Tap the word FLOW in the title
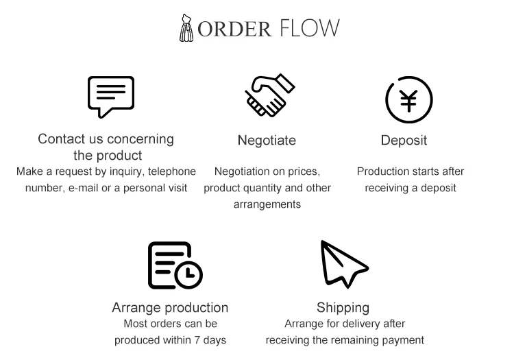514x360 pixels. coord(309,29)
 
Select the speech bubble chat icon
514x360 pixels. coord(110,96)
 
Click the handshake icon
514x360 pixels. coord(269,95)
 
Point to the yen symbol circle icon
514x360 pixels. coord(409,100)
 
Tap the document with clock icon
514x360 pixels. coord(175,265)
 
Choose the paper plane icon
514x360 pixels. coord(343,264)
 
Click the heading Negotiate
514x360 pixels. coord(267,141)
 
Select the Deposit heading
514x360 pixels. coord(404,141)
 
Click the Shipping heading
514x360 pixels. coord(343,307)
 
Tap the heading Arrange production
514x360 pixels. coord(170,307)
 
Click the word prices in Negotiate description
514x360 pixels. coord(304,171)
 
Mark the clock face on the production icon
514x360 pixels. coord(188,274)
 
